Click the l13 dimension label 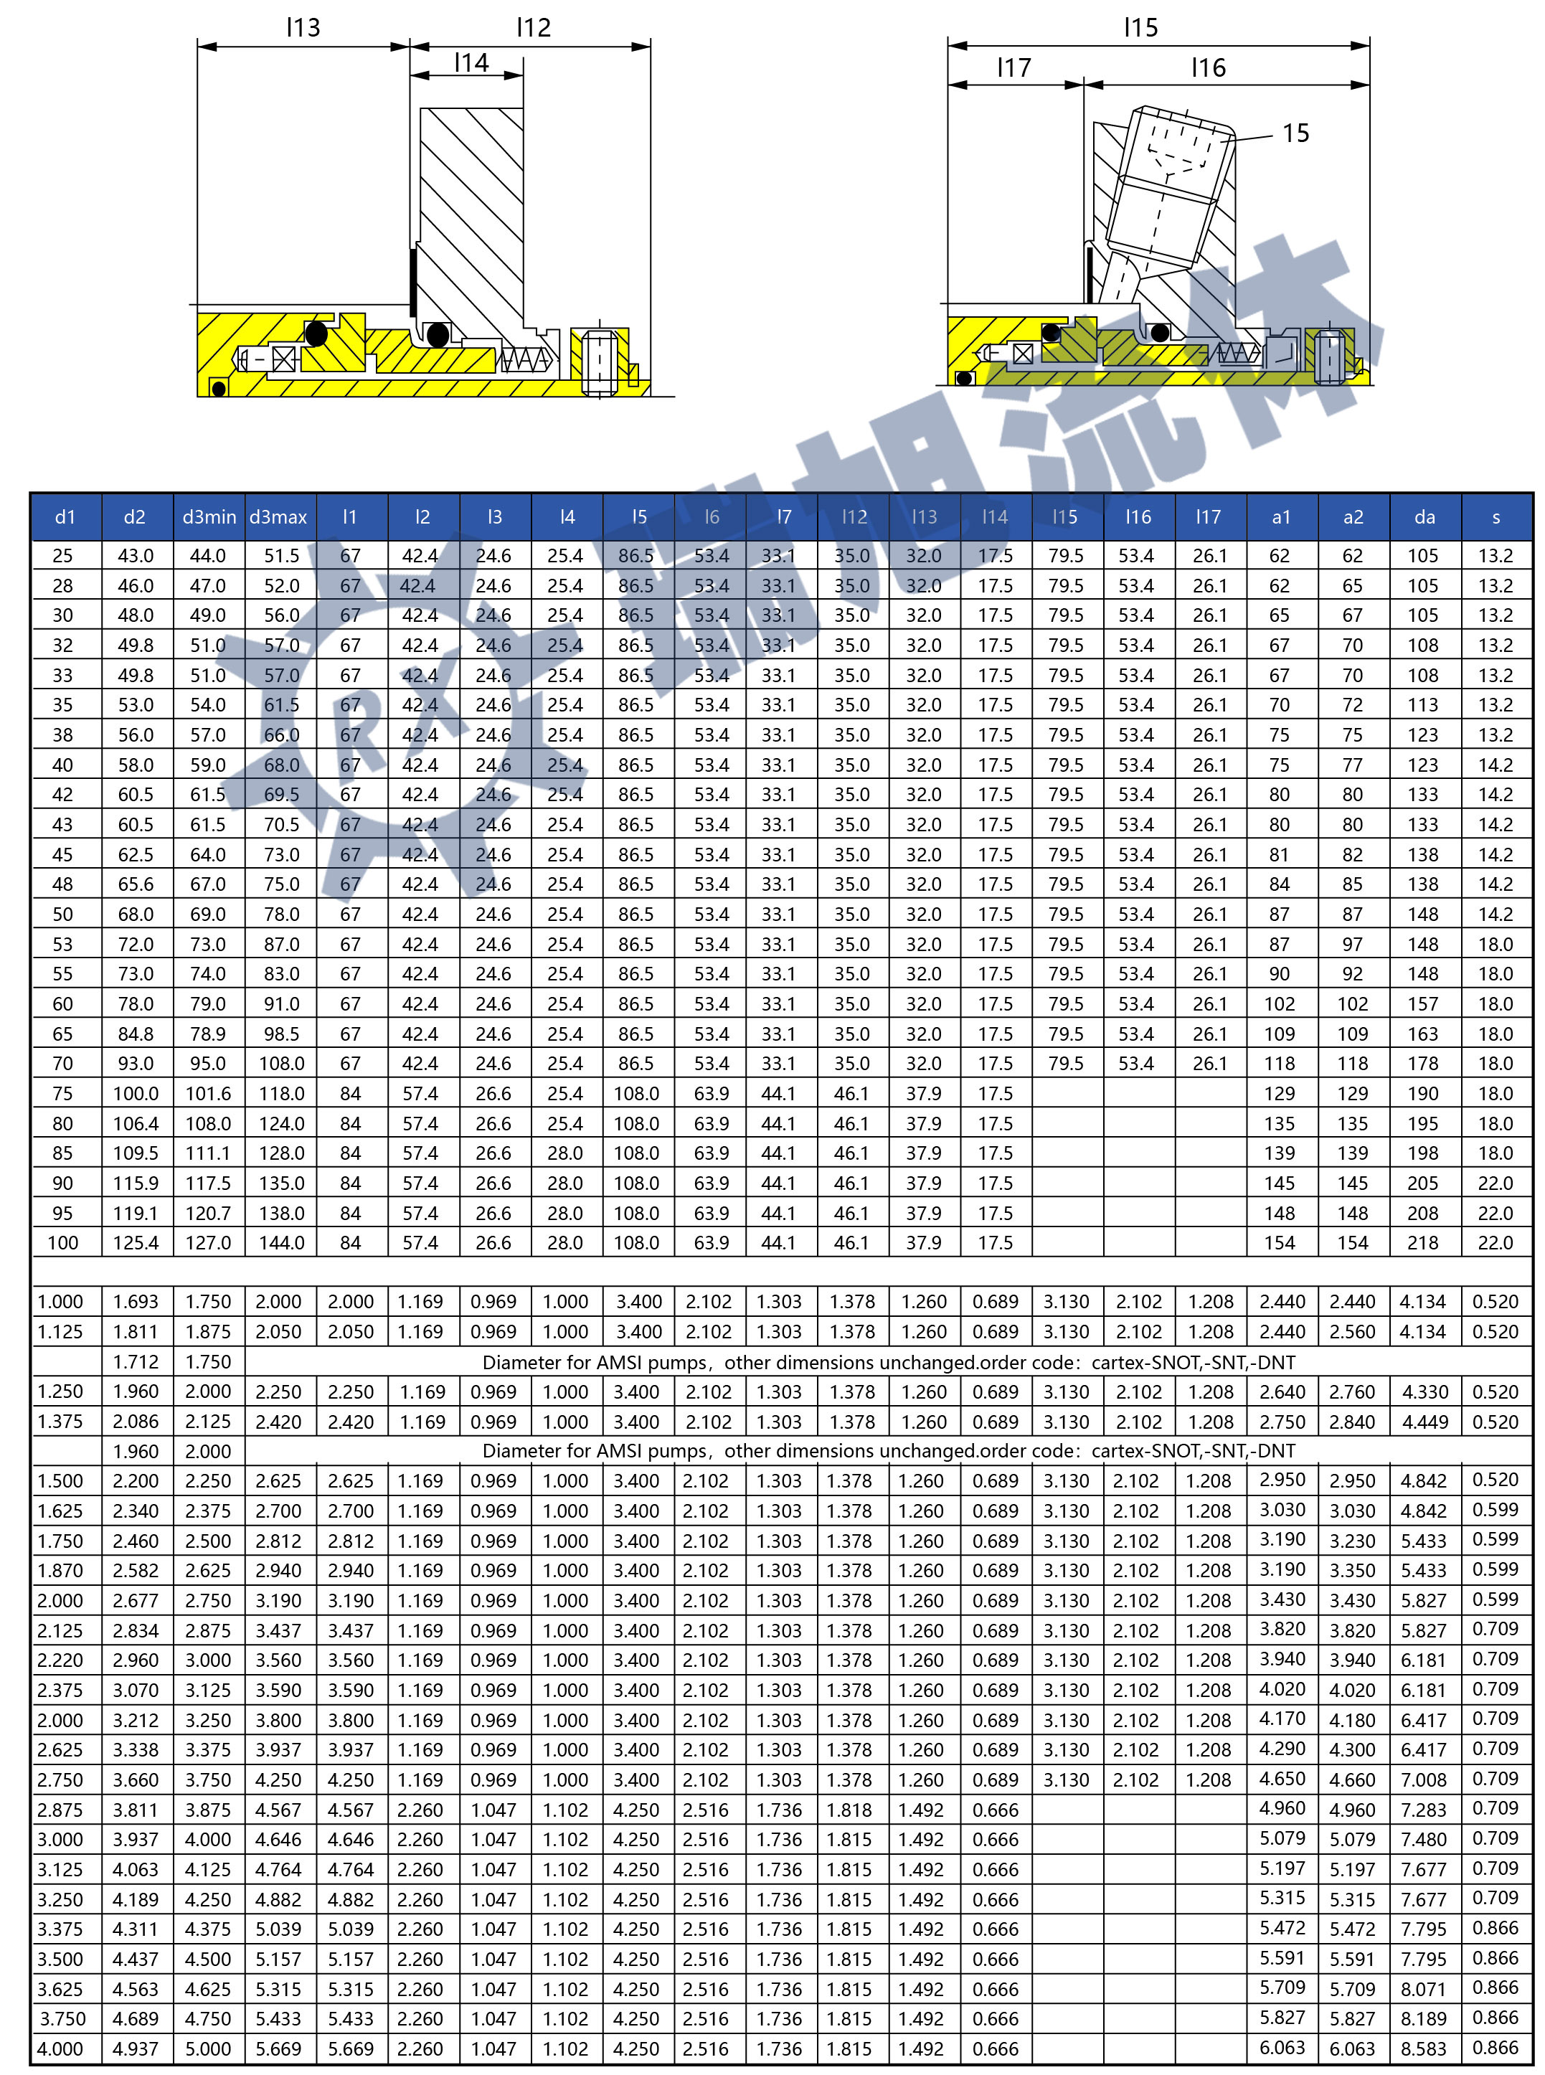(303, 27)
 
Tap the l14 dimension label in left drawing (471, 62)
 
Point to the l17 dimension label (1014, 67)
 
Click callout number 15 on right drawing (1295, 133)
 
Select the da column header (1424, 517)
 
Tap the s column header (1496, 517)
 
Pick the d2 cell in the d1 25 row (136, 555)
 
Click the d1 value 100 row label (62, 1243)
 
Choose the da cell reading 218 (1423, 1243)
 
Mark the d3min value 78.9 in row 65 (207, 1034)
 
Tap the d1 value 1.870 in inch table (60, 1571)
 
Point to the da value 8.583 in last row (1423, 2048)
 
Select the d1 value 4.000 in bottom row (60, 2048)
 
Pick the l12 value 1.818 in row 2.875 (850, 1810)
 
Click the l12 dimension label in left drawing (534, 27)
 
